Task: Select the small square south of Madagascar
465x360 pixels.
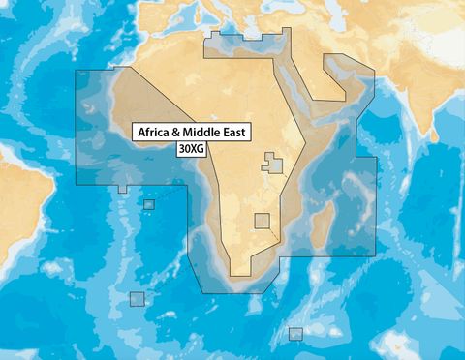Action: (x=294, y=334)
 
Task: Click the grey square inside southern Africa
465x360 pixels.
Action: (x=262, y=221)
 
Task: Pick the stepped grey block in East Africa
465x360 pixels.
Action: (x=274, y=164)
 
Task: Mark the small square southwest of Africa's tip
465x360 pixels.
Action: (x=137, y=299)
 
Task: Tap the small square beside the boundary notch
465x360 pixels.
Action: (x=148, y=204)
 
